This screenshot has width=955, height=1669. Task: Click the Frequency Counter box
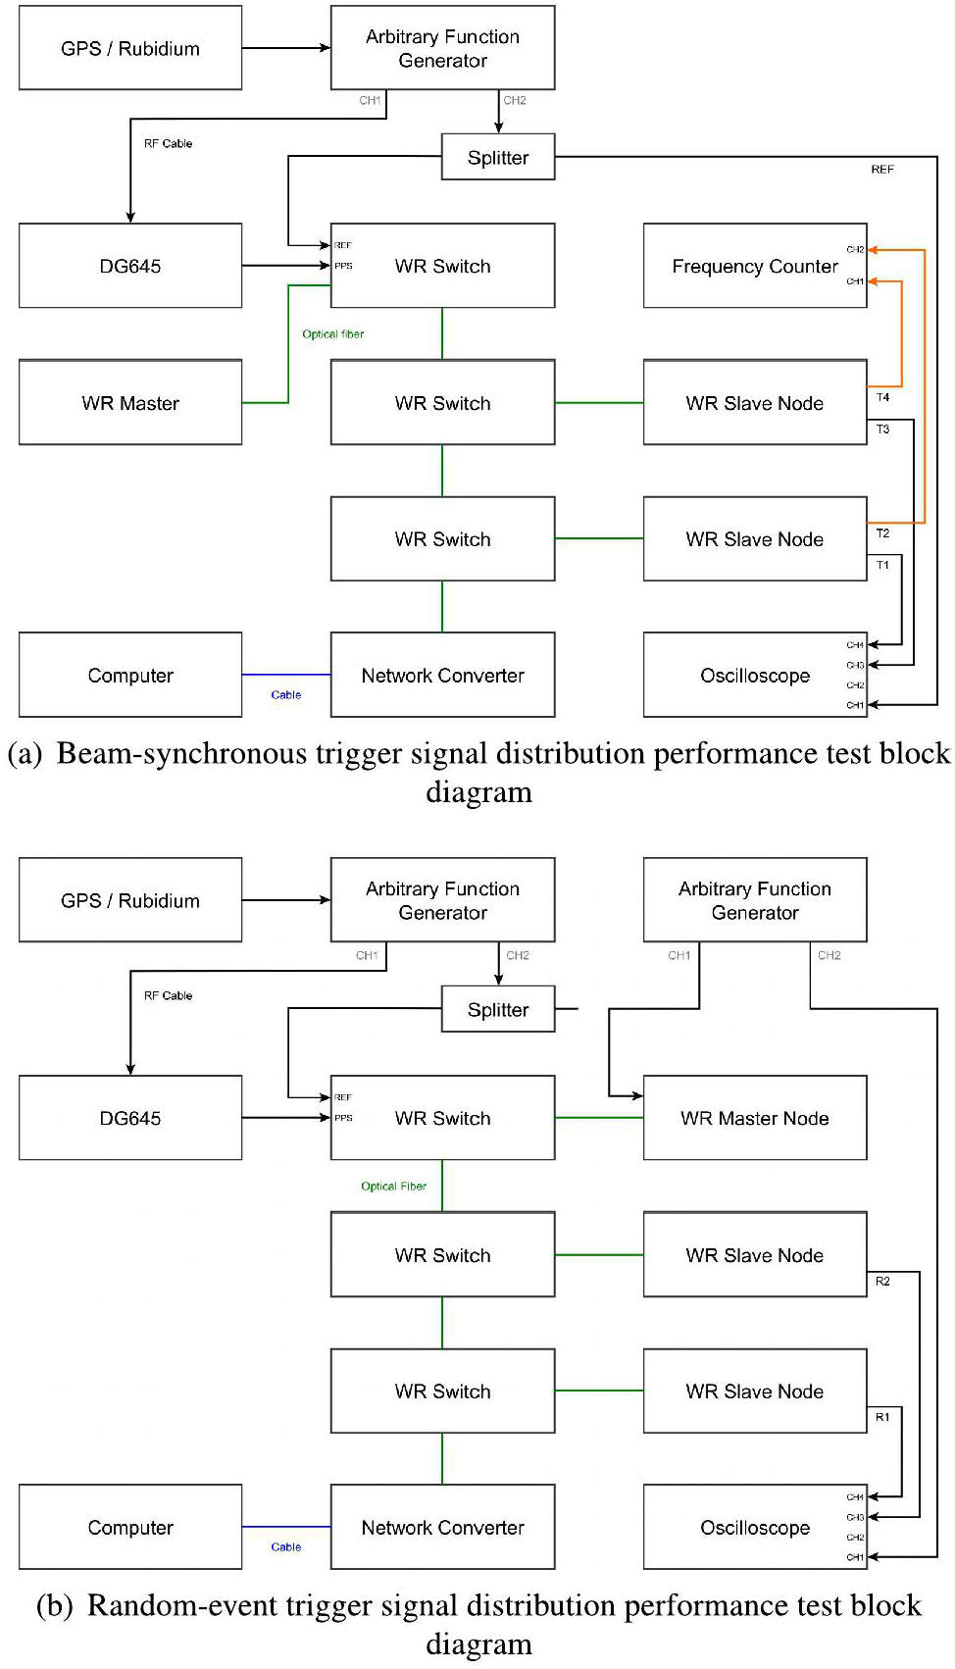[x=754, y=266]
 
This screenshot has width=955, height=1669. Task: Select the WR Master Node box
[x=754, y=1118]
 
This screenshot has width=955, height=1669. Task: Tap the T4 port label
[x=882, y=397]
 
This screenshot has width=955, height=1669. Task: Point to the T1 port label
[x=882, y=565]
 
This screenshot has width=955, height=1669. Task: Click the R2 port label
[x=882, y=1282]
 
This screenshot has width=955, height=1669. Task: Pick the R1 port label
[x=882, y=1417]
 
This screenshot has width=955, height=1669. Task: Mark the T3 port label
[x=882, y=430]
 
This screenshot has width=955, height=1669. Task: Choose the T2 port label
[x=882, y=533]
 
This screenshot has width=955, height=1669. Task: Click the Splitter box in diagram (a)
[x=498, y=157]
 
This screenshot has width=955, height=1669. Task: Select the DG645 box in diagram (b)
[x=130, y=1118]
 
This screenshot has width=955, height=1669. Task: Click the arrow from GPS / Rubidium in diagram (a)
[x=285, y=47]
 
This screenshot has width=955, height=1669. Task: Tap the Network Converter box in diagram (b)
[x=442, y=1527]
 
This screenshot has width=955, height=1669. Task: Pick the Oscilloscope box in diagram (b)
[x=754, y=1527]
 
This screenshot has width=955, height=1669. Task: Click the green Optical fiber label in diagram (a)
[x=332, y=334]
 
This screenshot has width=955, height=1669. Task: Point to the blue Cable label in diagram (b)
[x=285, y=1547]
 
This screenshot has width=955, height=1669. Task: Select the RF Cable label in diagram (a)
[x=168, y=143]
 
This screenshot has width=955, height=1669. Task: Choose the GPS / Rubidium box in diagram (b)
[x=130, y=900]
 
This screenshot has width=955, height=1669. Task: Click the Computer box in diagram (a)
[x=130, y=675]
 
